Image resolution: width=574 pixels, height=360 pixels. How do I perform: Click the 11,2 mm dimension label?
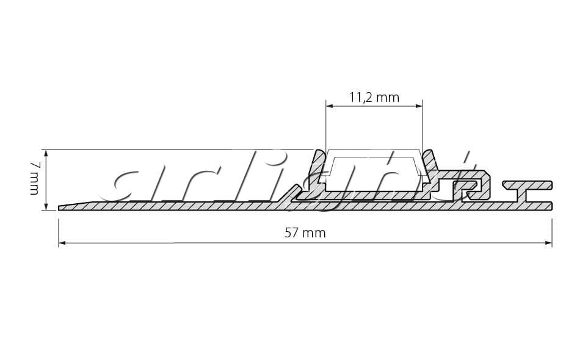[x=374, y=97]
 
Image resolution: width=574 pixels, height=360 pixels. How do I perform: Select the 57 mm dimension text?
[x=305, y=232]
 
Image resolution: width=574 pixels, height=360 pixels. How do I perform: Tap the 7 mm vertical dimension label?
[x=34, y=179]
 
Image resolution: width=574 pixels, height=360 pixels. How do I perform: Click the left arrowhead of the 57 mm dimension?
[x=62, y=243]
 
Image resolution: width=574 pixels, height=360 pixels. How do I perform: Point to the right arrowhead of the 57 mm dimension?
[x=548, y=243]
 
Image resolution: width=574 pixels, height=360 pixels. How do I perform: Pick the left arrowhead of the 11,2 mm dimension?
[x=330, y=106]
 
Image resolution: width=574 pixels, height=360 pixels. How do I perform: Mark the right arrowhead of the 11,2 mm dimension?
[x=419, y=106]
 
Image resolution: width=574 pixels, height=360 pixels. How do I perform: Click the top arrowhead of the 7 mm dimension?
[x=46, y=153]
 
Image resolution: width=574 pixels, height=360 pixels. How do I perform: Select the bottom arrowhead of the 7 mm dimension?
[x=46, y=206]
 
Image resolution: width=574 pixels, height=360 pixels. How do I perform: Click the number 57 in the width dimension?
[x=291, y=232]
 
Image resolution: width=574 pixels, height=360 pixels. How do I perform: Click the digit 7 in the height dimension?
[x=34, y=165]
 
